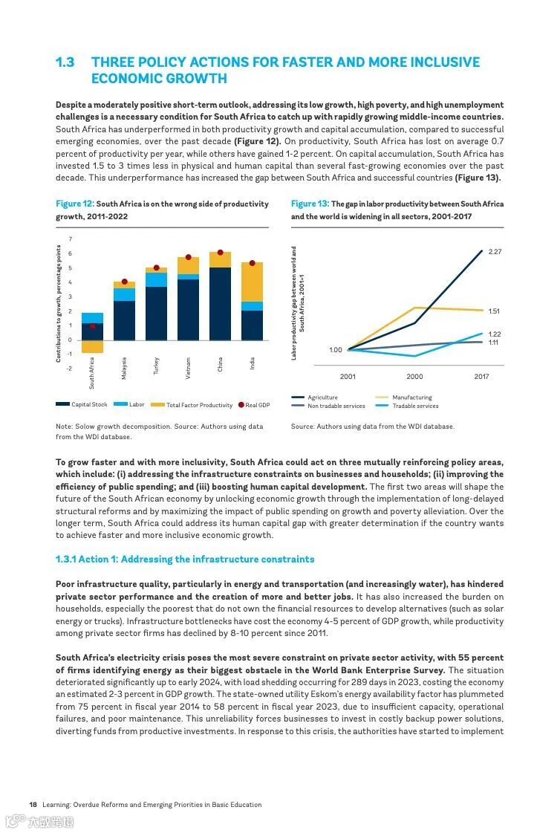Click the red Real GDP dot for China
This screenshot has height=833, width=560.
tap(220, 253)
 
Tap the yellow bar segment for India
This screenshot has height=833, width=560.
tap(252, 282)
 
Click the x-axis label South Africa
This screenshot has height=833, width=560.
tap(92, 373)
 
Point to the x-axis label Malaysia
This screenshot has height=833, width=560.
tap(124, 368)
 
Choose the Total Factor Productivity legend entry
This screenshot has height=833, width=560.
tap(192, 405)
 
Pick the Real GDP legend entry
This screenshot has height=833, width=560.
tap(254, 405)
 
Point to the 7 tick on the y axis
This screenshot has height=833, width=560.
tap(71, 239)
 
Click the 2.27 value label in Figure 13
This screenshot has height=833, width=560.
tap(495, 252)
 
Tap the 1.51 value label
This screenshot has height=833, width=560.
tap(495, 311)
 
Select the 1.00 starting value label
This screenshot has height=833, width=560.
tap(336, 349)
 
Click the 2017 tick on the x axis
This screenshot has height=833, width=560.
tap(481, 377)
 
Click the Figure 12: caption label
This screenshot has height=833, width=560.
tap(75, 204)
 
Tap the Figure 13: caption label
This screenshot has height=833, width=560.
tap(310, 204)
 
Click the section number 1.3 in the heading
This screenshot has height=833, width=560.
tap(65, 62)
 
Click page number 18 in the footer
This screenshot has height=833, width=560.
tap(33, 804)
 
